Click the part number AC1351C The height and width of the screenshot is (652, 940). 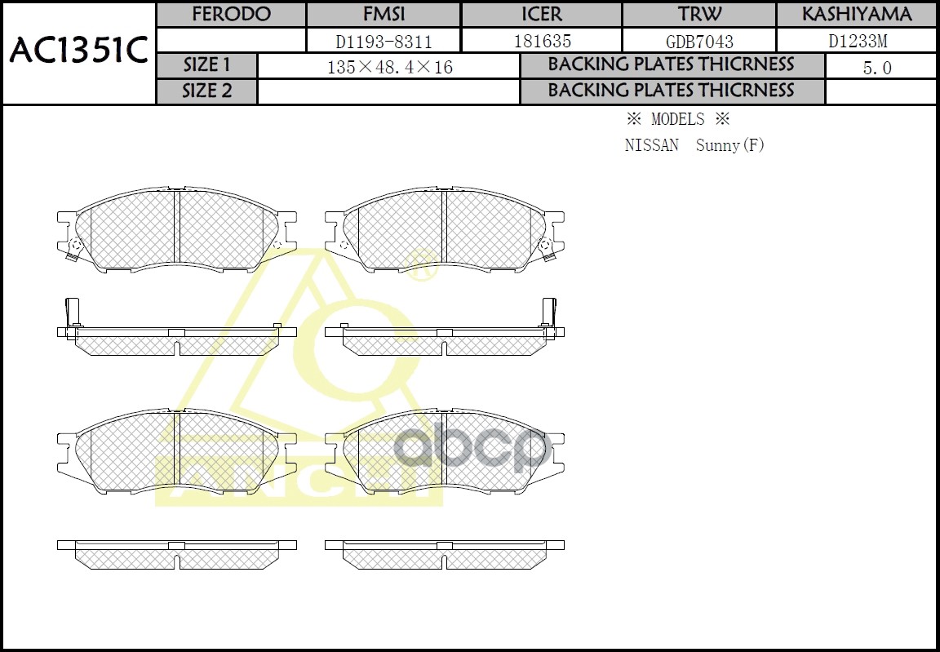pos(78,51)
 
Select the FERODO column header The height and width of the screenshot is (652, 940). pos(231,15)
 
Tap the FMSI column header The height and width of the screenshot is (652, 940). pos(384,15)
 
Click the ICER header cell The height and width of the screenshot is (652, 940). pos(542,15)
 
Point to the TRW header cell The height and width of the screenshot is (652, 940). pos(699,15)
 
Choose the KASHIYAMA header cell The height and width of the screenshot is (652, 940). pos(856,15)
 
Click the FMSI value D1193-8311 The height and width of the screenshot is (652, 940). pos(384,41)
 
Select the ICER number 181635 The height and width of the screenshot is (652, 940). pos(542,41)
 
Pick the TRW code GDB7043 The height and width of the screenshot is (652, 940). pos(699,41)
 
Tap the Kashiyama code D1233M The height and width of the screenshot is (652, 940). pos(856,41)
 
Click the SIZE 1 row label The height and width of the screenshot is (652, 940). pos(207,65)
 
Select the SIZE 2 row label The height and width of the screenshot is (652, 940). pos(207,91)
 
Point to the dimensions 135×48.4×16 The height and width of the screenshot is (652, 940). pos(389,67)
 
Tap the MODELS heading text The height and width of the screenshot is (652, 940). pos(677,119)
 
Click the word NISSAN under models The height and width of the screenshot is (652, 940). pos(651,145)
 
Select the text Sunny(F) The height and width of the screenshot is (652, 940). pos(730,145)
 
